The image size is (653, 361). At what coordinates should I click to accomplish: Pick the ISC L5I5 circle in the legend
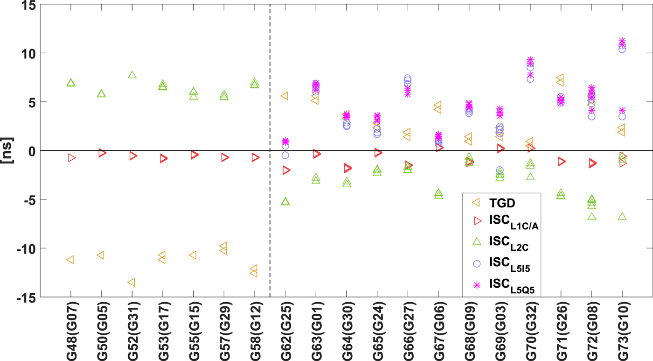click(x=477, y=264)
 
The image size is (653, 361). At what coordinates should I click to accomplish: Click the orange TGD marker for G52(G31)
click(x=132, y=282)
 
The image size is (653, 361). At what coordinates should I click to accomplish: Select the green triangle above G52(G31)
click(x=132, y=75)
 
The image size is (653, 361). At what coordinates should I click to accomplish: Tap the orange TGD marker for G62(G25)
click(x=284, y=96)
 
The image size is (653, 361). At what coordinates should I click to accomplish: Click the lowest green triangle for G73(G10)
click(x=622, y=216)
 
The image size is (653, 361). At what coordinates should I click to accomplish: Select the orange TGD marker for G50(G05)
click(x=100, y=255)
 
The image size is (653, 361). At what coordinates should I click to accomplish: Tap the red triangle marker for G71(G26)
click(x=562, y=162)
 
